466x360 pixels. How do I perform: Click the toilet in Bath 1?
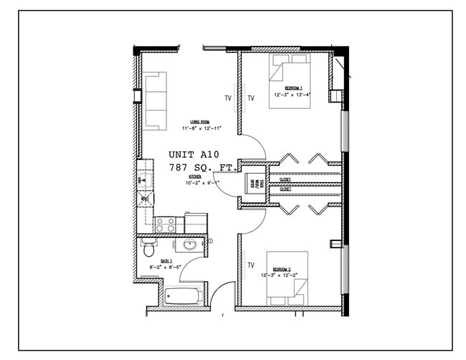pos(148,248)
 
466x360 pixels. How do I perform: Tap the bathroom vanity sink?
pos(191,246)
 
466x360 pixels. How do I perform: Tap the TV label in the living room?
pos(228,98)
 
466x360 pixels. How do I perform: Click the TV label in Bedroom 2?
pos(251,265)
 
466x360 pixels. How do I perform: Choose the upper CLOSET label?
pos(285,179)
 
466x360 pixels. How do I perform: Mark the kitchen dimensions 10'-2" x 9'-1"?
pos(203,181)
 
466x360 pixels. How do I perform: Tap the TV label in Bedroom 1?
pos(251,98)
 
